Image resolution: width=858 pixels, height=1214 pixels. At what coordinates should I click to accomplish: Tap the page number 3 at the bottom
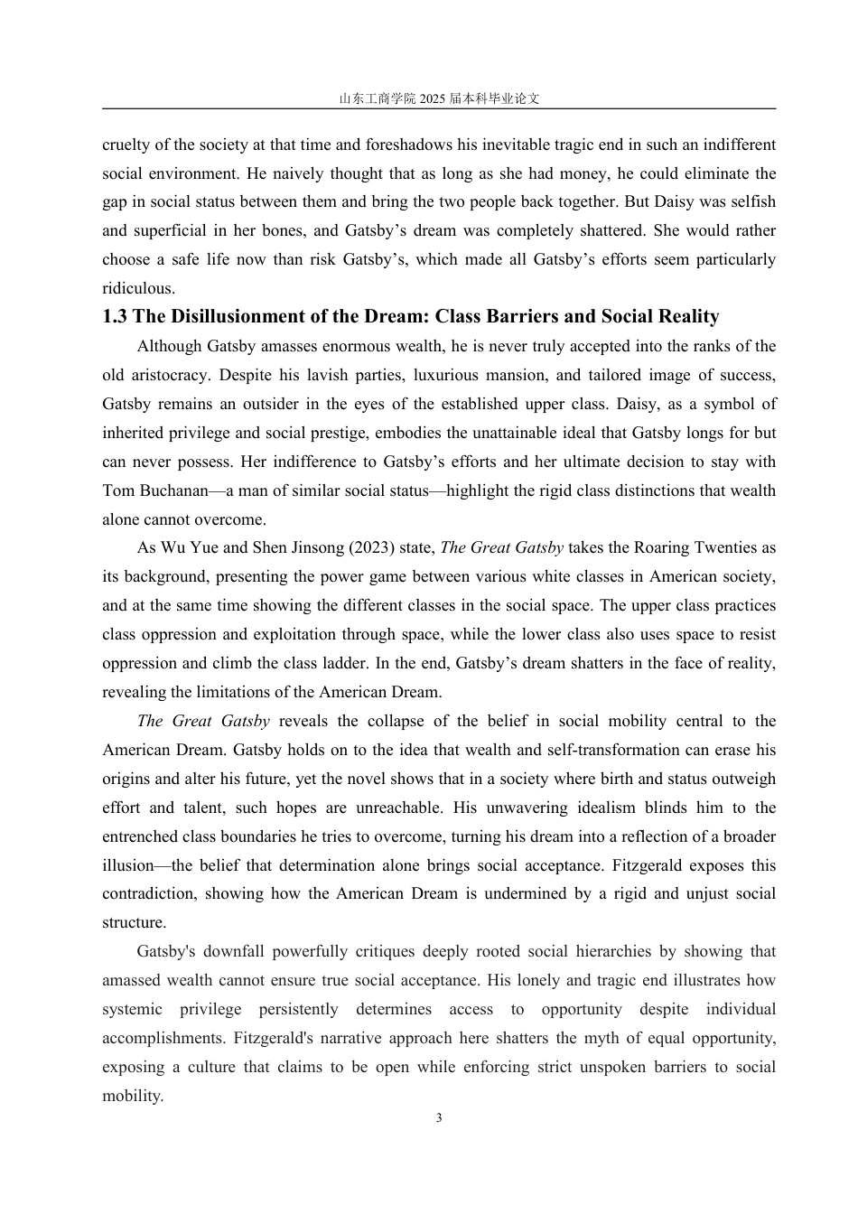tap(439, 1118)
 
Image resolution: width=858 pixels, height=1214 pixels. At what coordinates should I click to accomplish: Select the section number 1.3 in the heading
tap(115, 316)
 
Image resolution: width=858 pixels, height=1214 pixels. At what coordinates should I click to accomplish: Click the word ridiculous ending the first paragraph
tap(136, 288)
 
